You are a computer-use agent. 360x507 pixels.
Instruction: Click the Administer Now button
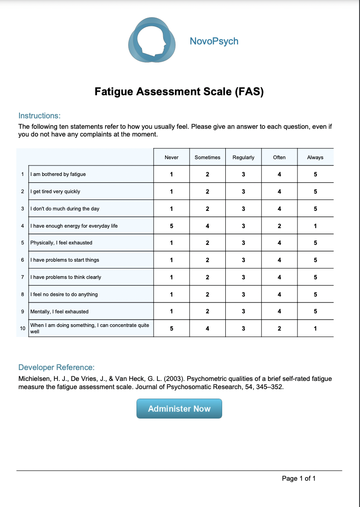pos(179,409)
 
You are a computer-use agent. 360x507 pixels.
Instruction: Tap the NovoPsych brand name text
pos(214,41)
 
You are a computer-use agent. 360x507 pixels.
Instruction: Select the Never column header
pos(171,157)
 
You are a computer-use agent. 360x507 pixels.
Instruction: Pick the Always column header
pos(315,157)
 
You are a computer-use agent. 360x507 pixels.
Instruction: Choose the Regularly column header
pos(243,157)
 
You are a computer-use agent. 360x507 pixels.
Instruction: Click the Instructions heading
pos(39,116)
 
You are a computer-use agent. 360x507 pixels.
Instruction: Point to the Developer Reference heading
pos(56,367)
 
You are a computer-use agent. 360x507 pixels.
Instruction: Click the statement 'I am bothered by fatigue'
pos(58,174)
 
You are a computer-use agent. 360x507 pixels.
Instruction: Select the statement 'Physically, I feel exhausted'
pos(61,243)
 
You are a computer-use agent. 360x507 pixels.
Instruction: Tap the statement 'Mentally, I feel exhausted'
pos(59,312)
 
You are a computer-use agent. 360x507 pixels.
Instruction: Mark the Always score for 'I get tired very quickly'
pos(315,191)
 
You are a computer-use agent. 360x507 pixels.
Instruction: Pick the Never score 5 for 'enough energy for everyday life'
pos(171,226)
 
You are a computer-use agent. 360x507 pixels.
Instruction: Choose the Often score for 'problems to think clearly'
pos(279,277)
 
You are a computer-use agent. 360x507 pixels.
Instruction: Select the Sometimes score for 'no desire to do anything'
pos(207,294)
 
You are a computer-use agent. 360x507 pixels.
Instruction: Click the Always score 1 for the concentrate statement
pos(315,329)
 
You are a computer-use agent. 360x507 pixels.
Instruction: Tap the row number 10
pos(23,328)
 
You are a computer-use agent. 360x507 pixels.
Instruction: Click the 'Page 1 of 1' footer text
pos(298,478)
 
